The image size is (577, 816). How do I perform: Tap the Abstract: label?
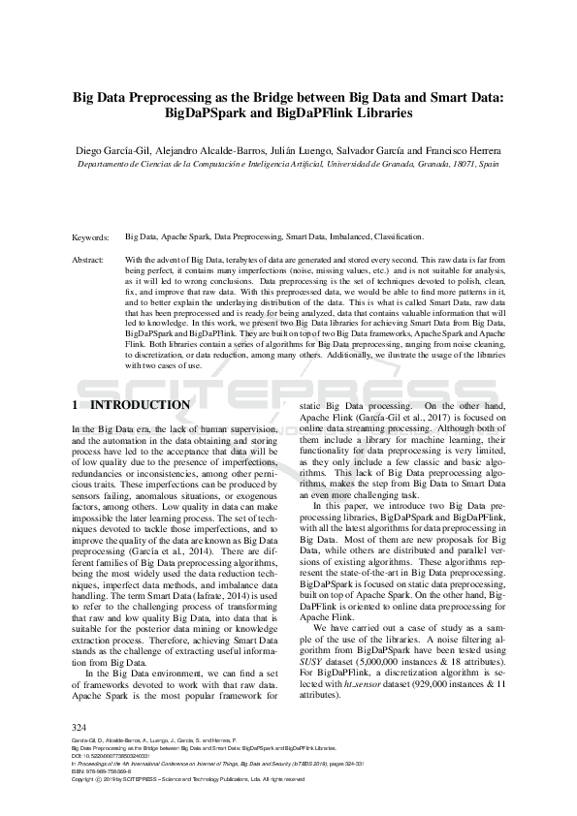click(x=90, y=260)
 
